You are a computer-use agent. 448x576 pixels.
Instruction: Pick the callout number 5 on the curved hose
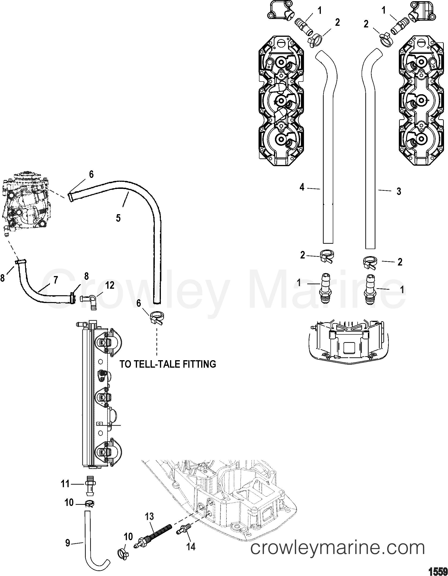click(x=118, y=218)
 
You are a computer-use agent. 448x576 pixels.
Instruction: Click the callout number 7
click(x=56, y=280)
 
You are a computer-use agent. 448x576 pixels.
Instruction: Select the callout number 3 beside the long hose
click(x=399, y=191)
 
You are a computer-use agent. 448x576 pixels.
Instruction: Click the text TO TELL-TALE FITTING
click(x=168, y=364)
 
